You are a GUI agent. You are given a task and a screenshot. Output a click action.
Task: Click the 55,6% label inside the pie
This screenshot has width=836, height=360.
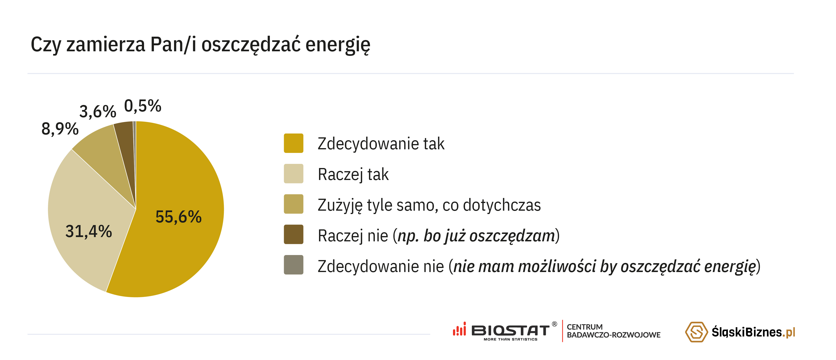click(x=179, y=217)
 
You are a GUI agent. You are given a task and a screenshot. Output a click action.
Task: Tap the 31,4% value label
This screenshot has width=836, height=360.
click(x=89, y=232)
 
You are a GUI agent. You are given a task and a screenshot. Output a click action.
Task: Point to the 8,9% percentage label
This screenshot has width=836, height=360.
click(x=60, y=129)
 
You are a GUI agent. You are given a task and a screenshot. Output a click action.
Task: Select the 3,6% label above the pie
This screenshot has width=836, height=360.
click(x=98, y=112)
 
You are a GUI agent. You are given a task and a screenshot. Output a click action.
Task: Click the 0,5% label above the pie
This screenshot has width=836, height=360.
click(x=143, y=106)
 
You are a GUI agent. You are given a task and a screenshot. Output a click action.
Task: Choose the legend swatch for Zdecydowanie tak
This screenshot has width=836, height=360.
click(x=293, y=143)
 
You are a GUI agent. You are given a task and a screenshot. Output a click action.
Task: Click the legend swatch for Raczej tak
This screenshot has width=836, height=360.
click(x=293, y=174)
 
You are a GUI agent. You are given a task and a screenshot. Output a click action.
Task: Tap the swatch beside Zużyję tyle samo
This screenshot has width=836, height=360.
click(x=293, y=204)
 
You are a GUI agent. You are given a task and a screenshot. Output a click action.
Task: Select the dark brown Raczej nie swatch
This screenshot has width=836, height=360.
click(x=293, y=234)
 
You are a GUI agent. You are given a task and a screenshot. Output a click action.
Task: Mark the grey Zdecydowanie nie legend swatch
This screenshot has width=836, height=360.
click(x=293, y=265)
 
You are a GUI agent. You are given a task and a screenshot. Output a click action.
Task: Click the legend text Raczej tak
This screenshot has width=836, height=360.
click(x=353, y=174)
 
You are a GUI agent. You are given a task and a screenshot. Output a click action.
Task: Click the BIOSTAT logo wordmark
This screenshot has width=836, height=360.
click(x=510, y=331)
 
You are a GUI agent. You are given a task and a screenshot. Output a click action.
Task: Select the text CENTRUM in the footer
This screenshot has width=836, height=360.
click(x=585, y=327)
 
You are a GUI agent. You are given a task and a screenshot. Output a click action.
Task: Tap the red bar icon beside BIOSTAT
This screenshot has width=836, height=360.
click(x=459, y=329)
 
